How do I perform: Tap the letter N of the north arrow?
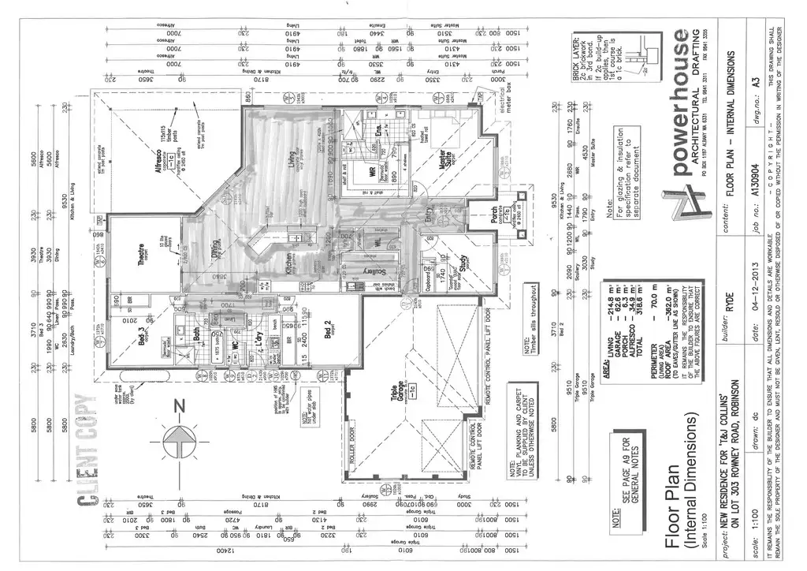pos(179,406)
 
